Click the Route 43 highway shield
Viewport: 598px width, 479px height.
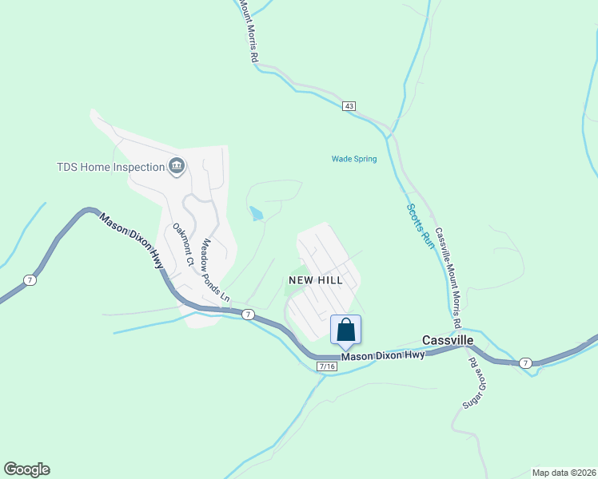(348, 106)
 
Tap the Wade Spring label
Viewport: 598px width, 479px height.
(354, 159)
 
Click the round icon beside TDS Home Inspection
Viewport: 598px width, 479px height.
(177, 167)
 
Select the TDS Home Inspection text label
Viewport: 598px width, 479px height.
(110, 167)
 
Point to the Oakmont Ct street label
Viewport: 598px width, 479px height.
(184, 244)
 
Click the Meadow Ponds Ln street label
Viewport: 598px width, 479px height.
(215, 270)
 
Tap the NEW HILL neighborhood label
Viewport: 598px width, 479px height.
(316, 280)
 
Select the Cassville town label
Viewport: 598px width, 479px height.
(448, 340)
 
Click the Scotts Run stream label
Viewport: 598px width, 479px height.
(419, 226)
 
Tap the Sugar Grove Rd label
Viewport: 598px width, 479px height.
(473, 382)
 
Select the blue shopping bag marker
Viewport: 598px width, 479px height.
(345, 331)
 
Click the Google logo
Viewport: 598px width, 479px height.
(26, 469)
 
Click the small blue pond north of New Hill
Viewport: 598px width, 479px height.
(256, 214)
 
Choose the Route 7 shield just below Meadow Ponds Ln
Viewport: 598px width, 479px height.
(249, 315)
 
